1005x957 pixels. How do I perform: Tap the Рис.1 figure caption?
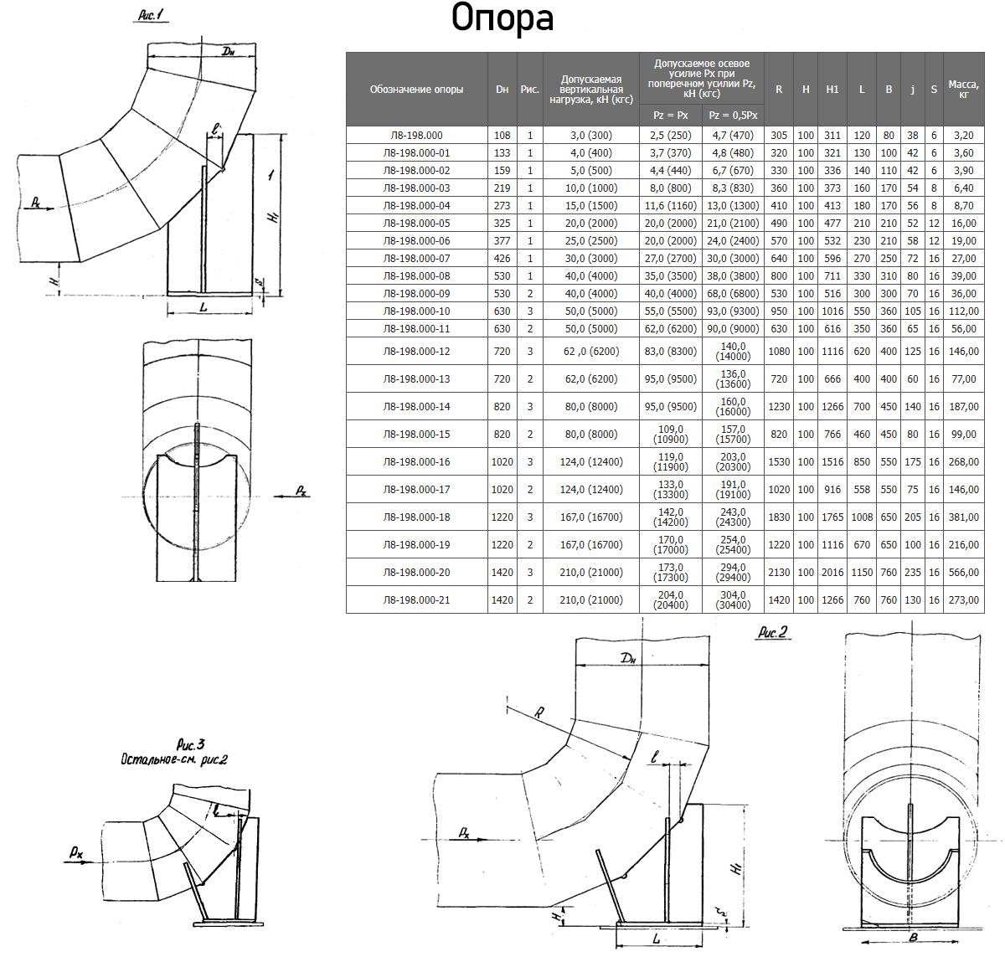tap(152, 15)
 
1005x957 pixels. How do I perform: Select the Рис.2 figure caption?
tap(772, 632)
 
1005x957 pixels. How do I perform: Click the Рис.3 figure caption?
tap(191, 744)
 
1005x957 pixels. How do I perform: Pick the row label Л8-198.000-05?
tap(416, 224)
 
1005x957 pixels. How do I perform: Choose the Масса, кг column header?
tap(963, 89)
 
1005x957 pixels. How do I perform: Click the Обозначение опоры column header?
tap(416, 90)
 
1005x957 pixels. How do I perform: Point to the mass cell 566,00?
tap(963, 573)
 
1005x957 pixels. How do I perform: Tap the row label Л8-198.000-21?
tap(416, 600)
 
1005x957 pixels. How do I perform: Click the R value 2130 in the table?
tap(779, 573)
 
